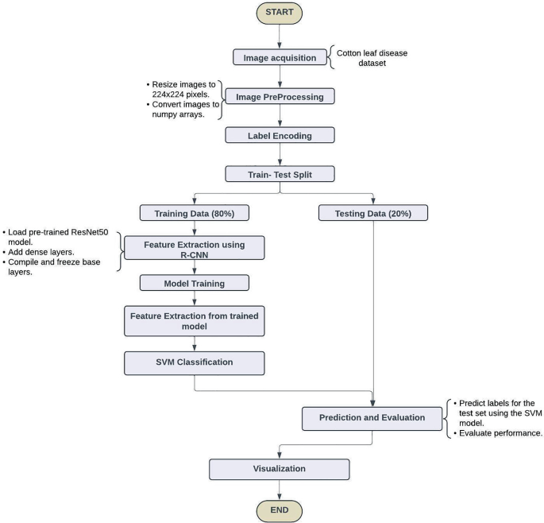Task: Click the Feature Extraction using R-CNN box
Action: (x=193, y=247)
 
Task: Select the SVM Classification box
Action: (x=193, y=362)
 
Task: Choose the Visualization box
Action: (x=279, y=468)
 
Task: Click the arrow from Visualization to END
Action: (x=279, y=487)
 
